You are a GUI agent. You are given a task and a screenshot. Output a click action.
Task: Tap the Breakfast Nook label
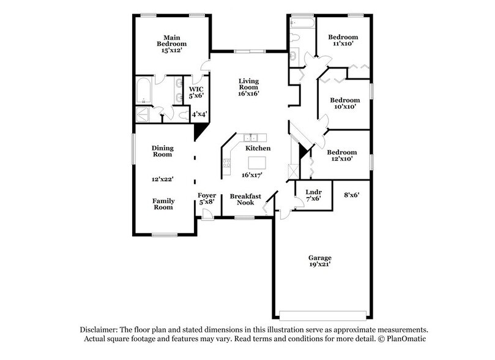click(x=246, y=200)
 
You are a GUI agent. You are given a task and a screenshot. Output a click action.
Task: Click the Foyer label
click(x=206, y=195)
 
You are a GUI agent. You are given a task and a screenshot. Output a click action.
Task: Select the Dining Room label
click(x=162, y=151)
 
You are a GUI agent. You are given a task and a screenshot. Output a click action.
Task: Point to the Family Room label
click(x=163, y=204)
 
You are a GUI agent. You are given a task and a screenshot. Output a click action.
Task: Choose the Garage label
click(x=321, y=258)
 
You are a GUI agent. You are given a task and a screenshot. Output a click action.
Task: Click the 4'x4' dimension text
click(x=199, y=113)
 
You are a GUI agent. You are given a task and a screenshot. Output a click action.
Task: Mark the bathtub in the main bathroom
click(x=144, y=90)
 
